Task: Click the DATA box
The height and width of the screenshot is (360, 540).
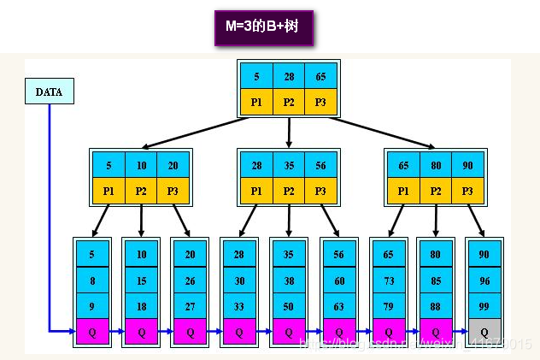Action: (x=49, y=91)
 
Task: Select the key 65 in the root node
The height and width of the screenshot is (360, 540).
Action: (x=320, y=76)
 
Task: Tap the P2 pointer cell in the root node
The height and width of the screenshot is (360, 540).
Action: (x=289, y=101)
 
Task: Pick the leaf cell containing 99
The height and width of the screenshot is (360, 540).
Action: (x=484, y=305)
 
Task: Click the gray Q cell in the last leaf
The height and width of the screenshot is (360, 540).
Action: (x=484, y=332)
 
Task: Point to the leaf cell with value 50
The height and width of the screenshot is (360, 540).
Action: (x=289, y=305)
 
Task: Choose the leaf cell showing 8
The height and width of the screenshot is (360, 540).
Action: (x=93, y=280)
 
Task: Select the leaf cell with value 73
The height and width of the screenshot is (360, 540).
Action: (x=388, y=280)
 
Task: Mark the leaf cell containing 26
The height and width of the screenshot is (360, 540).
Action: (x=191, y=280)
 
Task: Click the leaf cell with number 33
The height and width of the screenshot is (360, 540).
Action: (x=239, y=305)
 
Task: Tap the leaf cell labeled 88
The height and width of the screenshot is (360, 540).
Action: (x=436, y=305)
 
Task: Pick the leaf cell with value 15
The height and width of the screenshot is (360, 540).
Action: (x=142, y=280)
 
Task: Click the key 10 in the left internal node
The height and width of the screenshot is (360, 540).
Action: (x=142, y=166)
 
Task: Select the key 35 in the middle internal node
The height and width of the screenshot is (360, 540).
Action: (x=289, y=166)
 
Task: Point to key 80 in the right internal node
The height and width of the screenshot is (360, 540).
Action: (x=436, y=166)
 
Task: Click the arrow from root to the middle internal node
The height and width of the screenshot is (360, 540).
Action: (x=289, y=132)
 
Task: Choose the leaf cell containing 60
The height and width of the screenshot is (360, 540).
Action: (x=338, y=280)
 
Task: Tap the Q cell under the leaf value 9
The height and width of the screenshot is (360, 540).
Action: (x=93, y=332)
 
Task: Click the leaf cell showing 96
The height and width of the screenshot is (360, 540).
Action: (x=484, y=280)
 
